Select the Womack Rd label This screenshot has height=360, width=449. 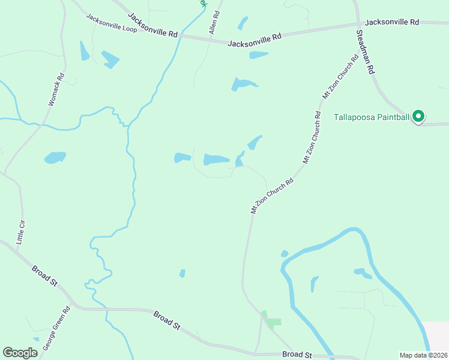56,90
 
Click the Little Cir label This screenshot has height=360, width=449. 22,232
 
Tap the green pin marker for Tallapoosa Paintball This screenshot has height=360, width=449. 419,116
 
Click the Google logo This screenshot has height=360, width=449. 20,353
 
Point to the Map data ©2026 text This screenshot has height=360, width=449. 423,355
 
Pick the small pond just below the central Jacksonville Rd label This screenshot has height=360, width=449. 259,55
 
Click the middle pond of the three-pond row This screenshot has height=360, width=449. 216,159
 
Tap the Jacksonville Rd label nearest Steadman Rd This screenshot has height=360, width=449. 392,22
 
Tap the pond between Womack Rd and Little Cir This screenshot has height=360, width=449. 55,157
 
